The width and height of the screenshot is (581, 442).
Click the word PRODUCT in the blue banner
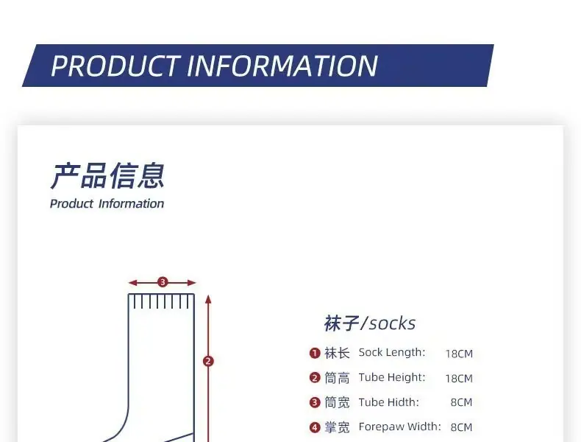(115, 66)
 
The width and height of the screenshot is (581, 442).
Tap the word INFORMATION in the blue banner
(282, 66)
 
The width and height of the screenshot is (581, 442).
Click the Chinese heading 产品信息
(107, 175)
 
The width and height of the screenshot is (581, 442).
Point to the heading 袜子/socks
(370, 323)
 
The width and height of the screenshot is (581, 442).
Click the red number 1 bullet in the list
(315, 353)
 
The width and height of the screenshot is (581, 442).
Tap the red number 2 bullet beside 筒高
(315, 378)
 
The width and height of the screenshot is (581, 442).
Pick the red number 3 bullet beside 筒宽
(315, 402)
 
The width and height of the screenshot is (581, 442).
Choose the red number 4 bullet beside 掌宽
(315, 427)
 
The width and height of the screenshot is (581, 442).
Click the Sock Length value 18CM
(459, 354)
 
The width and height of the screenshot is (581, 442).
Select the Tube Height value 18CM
(459, 379)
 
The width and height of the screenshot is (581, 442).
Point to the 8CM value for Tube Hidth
(461, 402)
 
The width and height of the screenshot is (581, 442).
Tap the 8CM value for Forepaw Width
(461, 427)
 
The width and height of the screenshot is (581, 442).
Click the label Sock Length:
(392, 353)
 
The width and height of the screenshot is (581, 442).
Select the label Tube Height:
(392, 377)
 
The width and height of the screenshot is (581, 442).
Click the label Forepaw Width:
(400, 427)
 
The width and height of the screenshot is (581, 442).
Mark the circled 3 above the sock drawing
(163, 282)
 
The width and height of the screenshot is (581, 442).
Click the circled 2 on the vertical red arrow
(208, 361)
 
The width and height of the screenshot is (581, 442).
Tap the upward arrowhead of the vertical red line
(208, 300)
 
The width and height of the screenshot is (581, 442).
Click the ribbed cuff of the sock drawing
(161, 301)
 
